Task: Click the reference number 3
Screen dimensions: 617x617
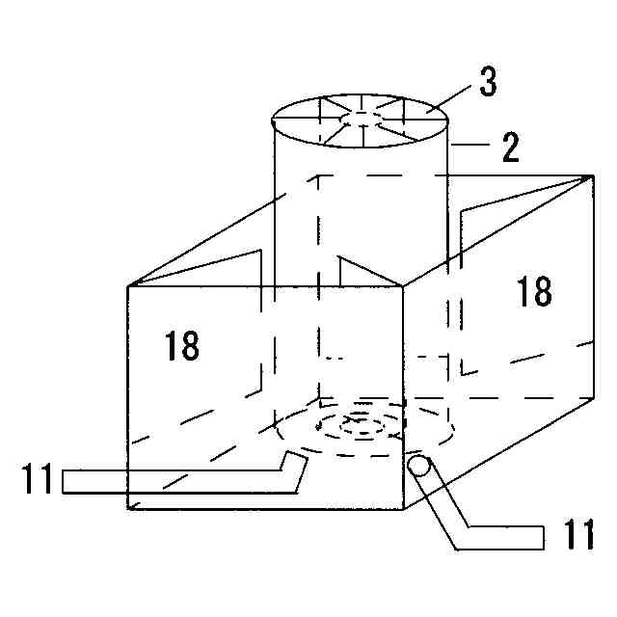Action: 488,83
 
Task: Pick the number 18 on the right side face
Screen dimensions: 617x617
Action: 533,290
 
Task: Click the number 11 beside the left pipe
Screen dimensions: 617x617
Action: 39,480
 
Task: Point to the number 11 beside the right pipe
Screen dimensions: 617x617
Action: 579,535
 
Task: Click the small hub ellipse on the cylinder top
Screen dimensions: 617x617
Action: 361,119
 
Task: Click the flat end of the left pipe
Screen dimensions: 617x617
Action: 65,481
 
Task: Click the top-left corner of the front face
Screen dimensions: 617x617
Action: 128,286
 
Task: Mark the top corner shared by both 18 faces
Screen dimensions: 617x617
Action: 401,286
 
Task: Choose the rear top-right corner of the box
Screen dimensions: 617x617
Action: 590,174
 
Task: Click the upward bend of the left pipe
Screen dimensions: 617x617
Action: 294,467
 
